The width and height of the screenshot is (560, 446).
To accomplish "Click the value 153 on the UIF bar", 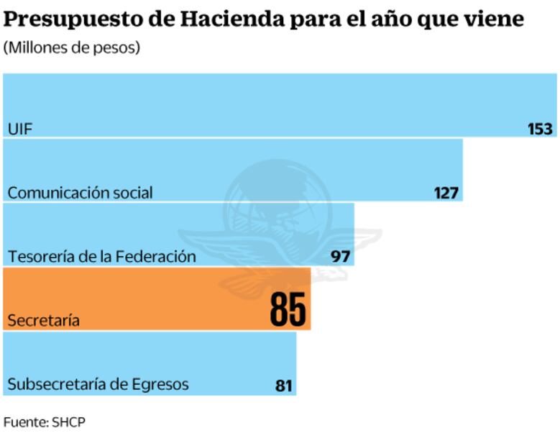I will (x=540, y=129).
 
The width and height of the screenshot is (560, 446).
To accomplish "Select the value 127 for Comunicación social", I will (x=446, y=193).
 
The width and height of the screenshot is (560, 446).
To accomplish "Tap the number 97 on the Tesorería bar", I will (x=339, y=256).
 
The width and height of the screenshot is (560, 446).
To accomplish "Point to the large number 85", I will (x=288, y=309).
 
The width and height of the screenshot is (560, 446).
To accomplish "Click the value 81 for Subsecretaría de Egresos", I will (x=283, y=386).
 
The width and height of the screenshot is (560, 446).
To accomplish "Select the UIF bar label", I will (x=20, y=129).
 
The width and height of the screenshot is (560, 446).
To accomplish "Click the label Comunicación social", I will (x=80, y=193).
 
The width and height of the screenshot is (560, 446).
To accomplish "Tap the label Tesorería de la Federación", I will (x=101, y=256).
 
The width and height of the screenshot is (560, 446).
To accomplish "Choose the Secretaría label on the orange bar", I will (x=43, y=321).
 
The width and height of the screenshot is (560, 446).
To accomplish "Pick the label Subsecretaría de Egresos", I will (x=98, y=384).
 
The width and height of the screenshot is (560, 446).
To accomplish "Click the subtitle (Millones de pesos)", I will (x=71, y=48).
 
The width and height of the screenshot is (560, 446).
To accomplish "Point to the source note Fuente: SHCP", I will (x=44, y=422).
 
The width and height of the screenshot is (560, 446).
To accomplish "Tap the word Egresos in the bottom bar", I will (x=160, y=385).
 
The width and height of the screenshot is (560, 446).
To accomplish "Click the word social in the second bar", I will (x=132, y=193).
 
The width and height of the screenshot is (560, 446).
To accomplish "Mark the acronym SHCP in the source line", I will (x=68, y=422).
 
